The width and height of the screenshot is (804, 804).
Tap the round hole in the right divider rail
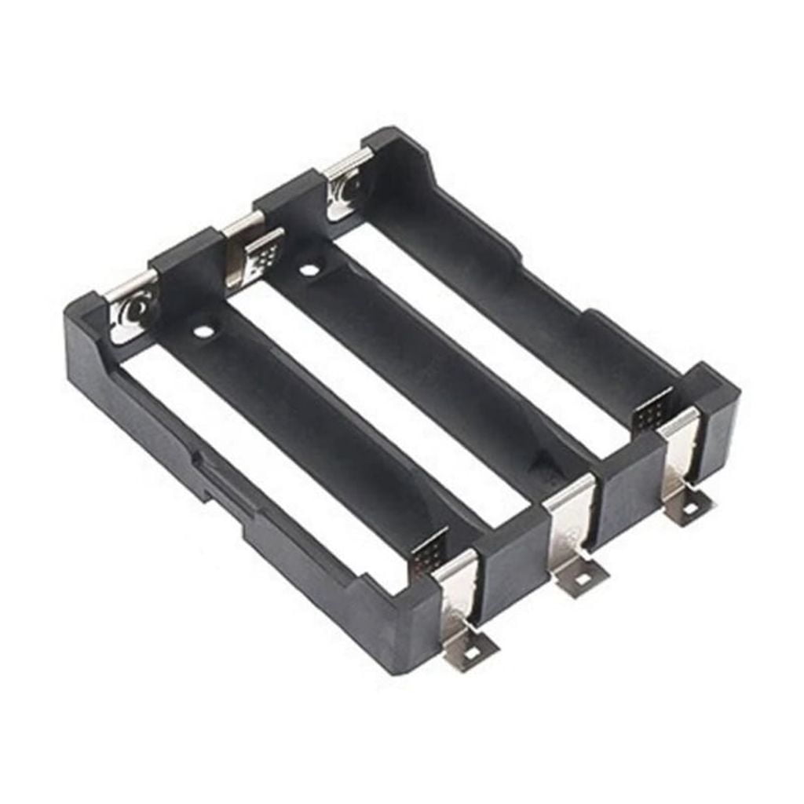pos(309,271)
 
